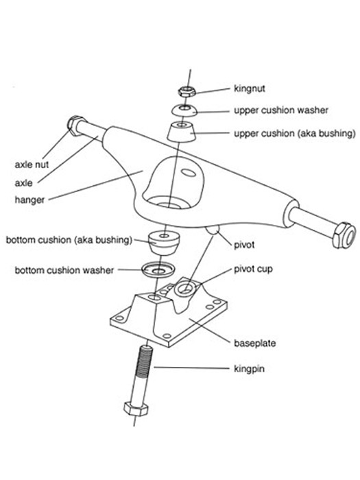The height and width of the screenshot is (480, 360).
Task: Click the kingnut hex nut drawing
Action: click(x=187, y=91)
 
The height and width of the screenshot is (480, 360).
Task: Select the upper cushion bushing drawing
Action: click(x=182, y=132)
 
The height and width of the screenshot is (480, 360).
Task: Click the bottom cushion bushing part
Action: click(x=164, y=243)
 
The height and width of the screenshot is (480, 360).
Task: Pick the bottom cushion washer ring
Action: click(x=158, y=269)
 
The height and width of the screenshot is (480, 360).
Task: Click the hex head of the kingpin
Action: click(x=136, y=409)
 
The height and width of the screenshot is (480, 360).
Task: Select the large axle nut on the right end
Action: click(x=344, y=235)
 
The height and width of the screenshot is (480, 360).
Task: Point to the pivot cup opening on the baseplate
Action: click(x=184, y=288)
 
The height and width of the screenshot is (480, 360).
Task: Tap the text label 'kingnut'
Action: click(x=250, y=88)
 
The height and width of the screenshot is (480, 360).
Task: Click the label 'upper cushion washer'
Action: click(x=281, y=110)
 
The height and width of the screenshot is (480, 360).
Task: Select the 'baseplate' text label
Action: click(x=254, y=343)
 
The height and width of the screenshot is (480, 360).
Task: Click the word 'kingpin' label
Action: click(x=249, y=369)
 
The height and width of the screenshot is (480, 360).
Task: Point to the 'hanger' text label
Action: click(x=29, y=200)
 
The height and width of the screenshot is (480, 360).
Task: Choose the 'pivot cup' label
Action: click(x=253, y=269)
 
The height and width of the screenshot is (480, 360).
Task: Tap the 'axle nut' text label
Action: click(x=32, y=165)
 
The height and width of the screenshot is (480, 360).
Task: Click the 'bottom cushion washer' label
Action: click(x=64, y=270)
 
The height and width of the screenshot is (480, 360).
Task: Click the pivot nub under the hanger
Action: click(x=213, y=230)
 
